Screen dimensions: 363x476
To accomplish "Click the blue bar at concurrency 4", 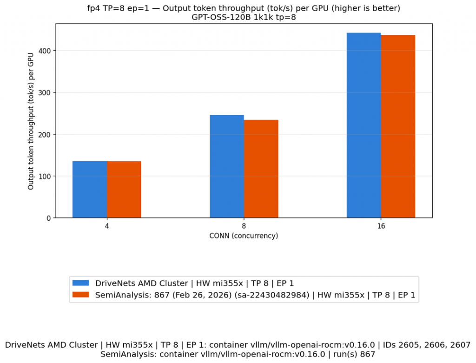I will (90, 189).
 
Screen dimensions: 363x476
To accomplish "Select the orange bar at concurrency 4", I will (124, 189).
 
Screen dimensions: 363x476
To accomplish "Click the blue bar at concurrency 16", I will (364, 125).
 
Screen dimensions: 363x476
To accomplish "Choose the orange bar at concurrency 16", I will (398, 126).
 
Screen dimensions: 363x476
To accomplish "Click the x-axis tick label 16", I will (381, 226).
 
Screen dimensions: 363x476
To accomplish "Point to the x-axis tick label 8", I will (244, 226).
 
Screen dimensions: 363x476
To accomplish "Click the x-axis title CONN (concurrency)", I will (244, 236).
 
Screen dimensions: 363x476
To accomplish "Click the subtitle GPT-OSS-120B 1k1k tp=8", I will (244, 17).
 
